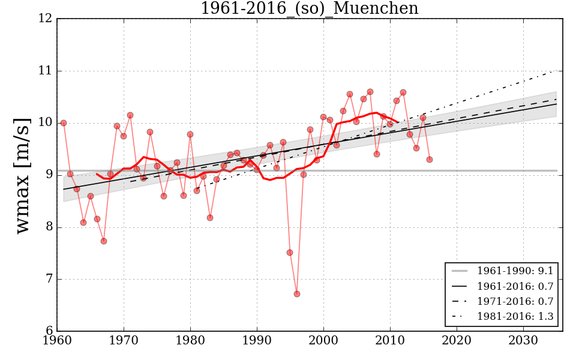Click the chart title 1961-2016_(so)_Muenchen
coord(309,8)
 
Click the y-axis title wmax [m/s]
coord(23,175)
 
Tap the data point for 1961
coord(64,123)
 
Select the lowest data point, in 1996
coord(296,293)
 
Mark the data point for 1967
coord(104,241)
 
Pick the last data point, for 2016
coord(430,160)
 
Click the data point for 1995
coord(290,253)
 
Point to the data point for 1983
coord(210,218)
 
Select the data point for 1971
coord(130,115)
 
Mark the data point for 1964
coord(83,223)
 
